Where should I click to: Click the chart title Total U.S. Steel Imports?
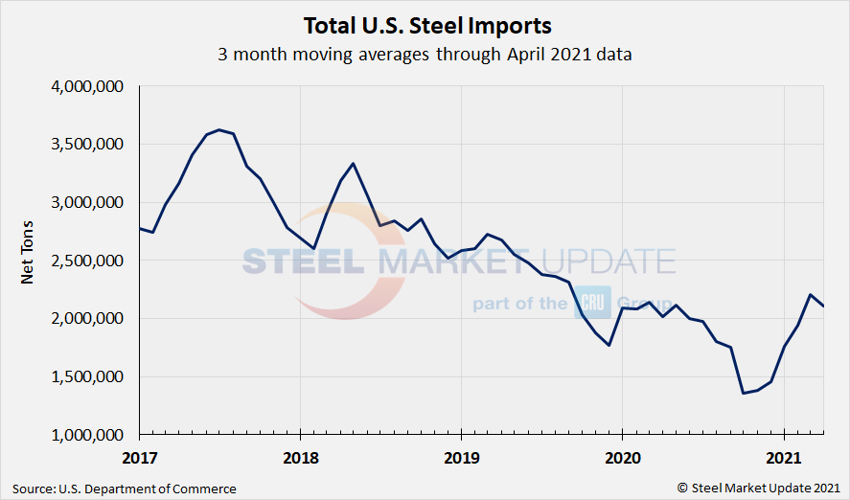[427, 24]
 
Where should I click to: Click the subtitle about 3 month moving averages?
[425, 54]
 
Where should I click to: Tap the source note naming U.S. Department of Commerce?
[125, 489]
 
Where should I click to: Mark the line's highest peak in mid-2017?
[219, 129]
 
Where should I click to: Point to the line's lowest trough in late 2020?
[744, 393]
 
